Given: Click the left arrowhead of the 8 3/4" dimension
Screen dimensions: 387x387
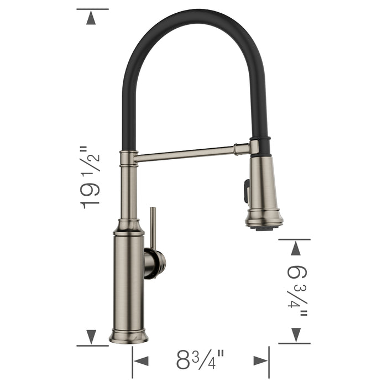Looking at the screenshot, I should tap(142, 361).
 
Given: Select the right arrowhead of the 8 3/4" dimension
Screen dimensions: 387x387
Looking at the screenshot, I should tap(260, 361).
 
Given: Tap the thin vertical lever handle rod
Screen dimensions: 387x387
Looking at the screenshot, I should tap(153, 227).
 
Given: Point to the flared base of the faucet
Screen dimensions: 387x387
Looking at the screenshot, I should tap(129, 336).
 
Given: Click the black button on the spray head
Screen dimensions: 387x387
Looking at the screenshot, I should tap(245, 191).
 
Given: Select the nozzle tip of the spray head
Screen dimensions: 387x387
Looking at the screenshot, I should tap(264, 224).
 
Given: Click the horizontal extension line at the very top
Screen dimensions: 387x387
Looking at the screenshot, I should tap(92, 9).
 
